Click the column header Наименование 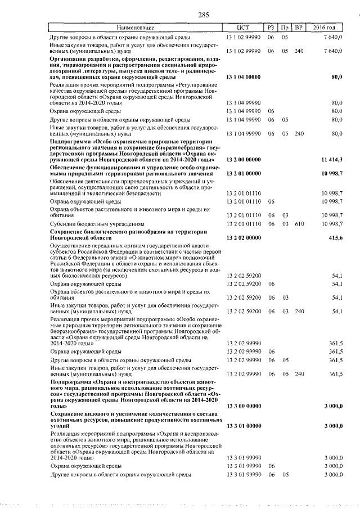click(x=136, y=28)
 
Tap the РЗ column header click(x=271, y=28)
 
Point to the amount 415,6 click(x=336, y=238)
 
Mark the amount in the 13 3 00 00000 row click(x=333, y=406)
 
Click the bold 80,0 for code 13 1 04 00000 click(x=337, y=76)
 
